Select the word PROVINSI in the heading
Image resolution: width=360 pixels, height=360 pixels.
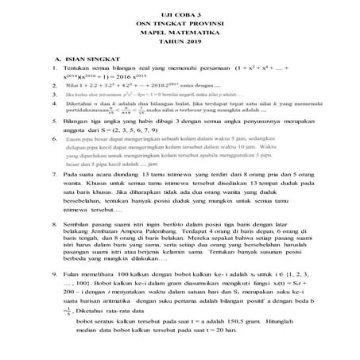(202, 25)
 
